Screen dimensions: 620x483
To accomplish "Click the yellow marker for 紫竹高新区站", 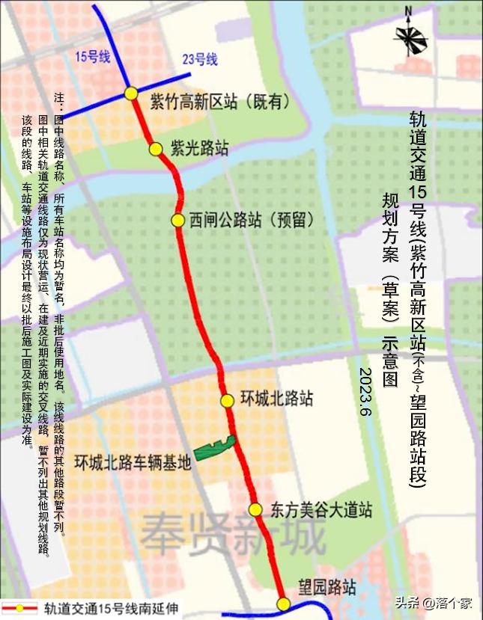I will coord(131,93).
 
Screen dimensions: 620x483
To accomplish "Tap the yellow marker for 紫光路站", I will coord(156,149).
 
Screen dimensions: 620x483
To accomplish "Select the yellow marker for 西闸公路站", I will coord(177,220).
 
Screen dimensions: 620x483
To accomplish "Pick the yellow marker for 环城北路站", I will coord(227,400).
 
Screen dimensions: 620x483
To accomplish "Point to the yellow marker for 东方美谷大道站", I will coord(255,510).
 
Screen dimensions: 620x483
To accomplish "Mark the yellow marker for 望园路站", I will coord(283,604).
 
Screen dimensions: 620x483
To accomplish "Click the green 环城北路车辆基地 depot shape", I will coord(216,447).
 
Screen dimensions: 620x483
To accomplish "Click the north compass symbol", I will coord(411,34).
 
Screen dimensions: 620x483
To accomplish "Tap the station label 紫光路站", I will coord(199,147).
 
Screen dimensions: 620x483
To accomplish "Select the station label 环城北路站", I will coord(278,399).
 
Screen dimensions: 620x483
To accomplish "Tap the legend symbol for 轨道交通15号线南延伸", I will coord(19,607).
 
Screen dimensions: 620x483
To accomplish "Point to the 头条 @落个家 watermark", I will coord(434,602).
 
